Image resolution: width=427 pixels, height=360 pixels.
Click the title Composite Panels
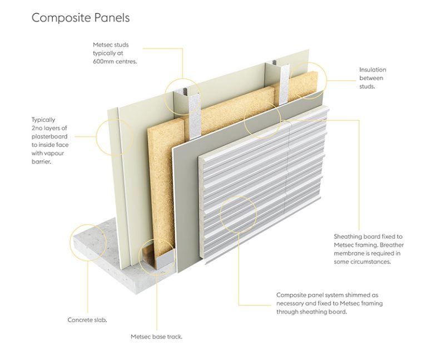[80, 18]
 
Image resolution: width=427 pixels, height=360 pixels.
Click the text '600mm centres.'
[115, 62]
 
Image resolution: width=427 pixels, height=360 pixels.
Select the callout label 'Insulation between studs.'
[373, 78]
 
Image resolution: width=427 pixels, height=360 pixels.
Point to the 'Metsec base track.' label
[156, 337]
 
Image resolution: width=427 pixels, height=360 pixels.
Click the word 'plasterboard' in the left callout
[51, 136]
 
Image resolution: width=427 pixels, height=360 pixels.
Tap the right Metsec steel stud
[282, 83]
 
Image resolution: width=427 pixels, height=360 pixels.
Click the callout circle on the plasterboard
[115, 136]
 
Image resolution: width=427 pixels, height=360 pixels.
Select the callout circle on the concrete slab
[88, 242]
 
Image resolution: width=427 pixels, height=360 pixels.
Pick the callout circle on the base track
[156, 257]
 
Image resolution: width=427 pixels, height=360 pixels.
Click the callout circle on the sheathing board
[262, 120]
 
